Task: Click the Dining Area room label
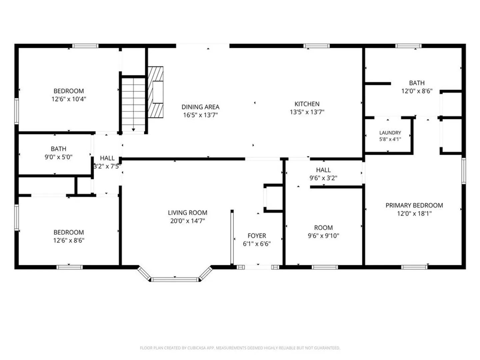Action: [x=200, y=107]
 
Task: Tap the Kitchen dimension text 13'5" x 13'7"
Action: [x=307, y=112]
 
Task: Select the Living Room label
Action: [x=187, y=213]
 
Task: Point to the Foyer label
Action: [x=257, y=236]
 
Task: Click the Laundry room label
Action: [x=390, y=133]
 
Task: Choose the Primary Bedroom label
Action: [x=414, y=205]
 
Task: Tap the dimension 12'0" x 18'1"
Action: [x=414, y=214]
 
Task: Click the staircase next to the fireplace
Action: [x=133, y=104]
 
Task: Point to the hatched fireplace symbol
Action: [x=155, y=92]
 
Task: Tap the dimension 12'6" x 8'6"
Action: [x=69, y=240]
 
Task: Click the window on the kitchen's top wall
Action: [x=316, y=46]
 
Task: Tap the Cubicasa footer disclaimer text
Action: [x=240, y=348]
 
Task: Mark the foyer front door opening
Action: [x=258, y=267]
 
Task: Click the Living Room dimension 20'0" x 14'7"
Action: [x=187, y=221]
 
